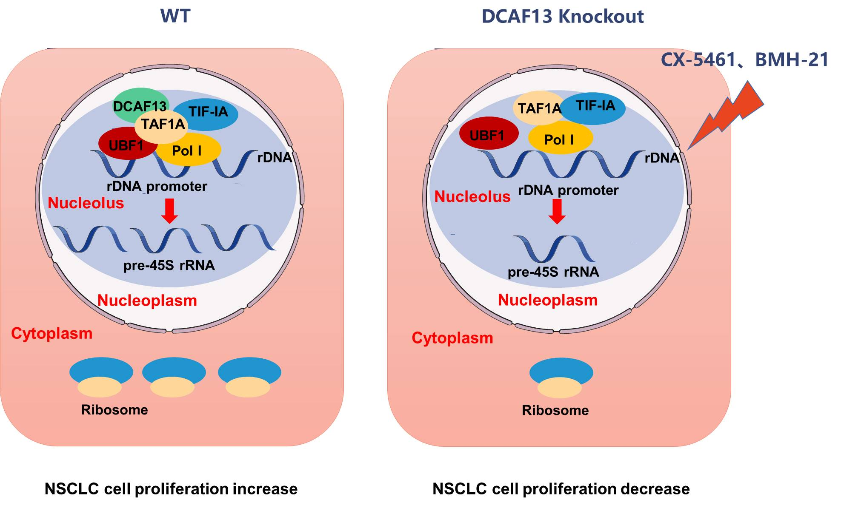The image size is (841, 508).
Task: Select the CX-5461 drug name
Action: click(x=698, y=60)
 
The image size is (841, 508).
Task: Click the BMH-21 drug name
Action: click(x=791, y=60)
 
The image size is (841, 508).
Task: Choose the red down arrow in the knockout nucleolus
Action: click(x=557, y=211)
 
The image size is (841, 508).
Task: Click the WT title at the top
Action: click(x=175, y=16)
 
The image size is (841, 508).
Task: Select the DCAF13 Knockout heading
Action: click(x=562, y=17)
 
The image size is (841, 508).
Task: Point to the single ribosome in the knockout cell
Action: click(x=561, y=377)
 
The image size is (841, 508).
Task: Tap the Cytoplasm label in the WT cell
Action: click(x=51, y=333)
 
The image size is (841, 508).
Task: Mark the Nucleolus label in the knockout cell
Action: click(x=472, y=196)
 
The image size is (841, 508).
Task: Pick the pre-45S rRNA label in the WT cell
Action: click(x=169, y=265)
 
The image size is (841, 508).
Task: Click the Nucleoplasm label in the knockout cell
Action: click(x=548, y=300)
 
